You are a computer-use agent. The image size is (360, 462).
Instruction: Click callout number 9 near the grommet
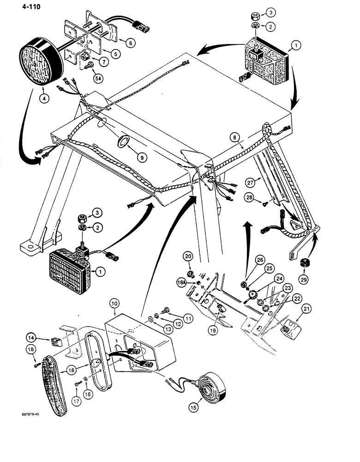coord(143,158)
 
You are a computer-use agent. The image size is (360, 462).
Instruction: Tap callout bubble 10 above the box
coord(115,303)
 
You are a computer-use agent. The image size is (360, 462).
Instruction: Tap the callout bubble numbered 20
coord(189,257)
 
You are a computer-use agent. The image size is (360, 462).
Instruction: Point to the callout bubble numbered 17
coord(76,401)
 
